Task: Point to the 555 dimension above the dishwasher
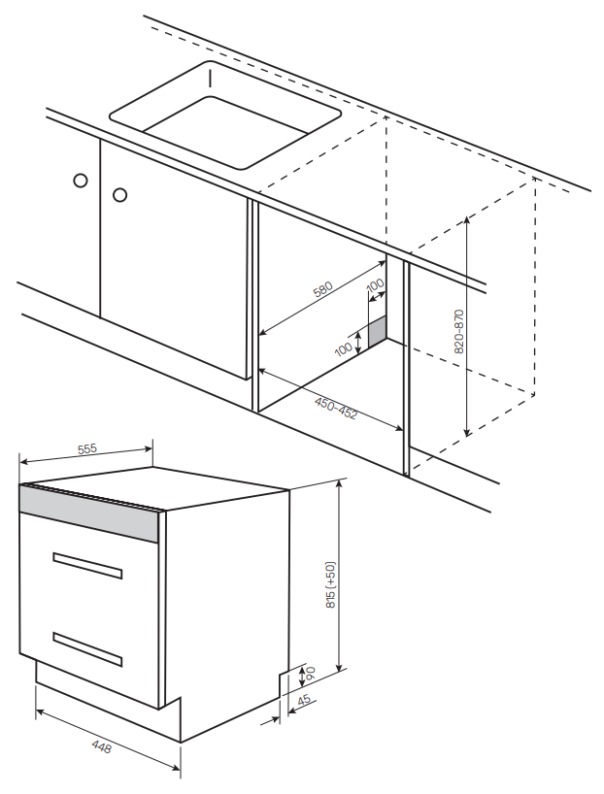(x=86, y=448)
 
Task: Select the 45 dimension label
(x=304, y=701)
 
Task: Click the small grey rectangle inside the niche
(x=376, y=333)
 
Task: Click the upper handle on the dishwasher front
(x=87, y=565)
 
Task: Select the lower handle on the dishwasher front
(x=87, y=648)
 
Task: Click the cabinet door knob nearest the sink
(x=119, y=195)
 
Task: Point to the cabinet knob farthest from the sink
(x=81, y=181)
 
